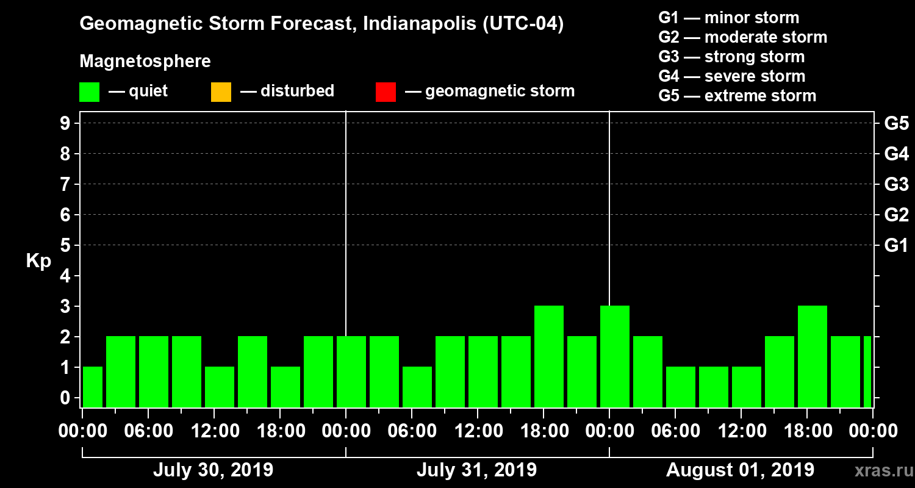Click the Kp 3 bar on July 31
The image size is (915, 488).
click(x=549, y=356)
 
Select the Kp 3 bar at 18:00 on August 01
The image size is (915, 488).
click(x=813, y=356)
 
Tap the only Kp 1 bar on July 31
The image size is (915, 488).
click(x=417, y=387)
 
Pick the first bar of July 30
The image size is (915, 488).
click(x=92, y=387)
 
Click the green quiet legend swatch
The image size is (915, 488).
click(x=89, y=92)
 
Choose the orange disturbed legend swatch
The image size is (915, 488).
click(x=221, y=92)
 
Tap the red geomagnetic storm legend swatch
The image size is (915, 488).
click(x=386, y=92)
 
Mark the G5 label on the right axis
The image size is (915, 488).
click(x=896, y=123)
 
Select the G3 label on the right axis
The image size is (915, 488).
click(x=896, y=184)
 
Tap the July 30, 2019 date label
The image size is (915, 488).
click(x=213, y=470)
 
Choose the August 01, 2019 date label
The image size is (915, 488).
click(x=740, y=470)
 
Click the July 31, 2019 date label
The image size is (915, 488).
click(x=476, y=470)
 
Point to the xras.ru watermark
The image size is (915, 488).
click(x=879, y=470)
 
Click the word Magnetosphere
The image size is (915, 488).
click(x=145, y=62)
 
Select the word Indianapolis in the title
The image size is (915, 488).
click(x=414, y=24)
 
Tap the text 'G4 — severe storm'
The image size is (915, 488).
click(x=732, y=76)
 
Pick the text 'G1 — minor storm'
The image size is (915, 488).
click(x=729, y=18)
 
